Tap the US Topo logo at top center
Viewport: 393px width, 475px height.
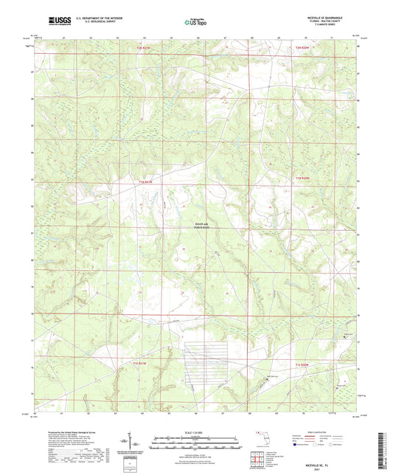tap(193, 22)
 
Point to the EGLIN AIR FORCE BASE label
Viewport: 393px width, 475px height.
tap(192, 227)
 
